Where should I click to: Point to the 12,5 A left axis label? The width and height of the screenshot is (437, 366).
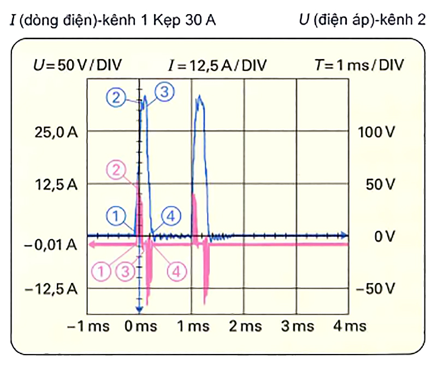coord(54,184)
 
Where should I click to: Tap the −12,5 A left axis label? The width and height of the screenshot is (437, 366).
coord(51,288)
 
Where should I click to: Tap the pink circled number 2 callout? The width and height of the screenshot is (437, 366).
coord(115,170)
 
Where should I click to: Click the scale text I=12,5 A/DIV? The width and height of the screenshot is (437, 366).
coord(217,66)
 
